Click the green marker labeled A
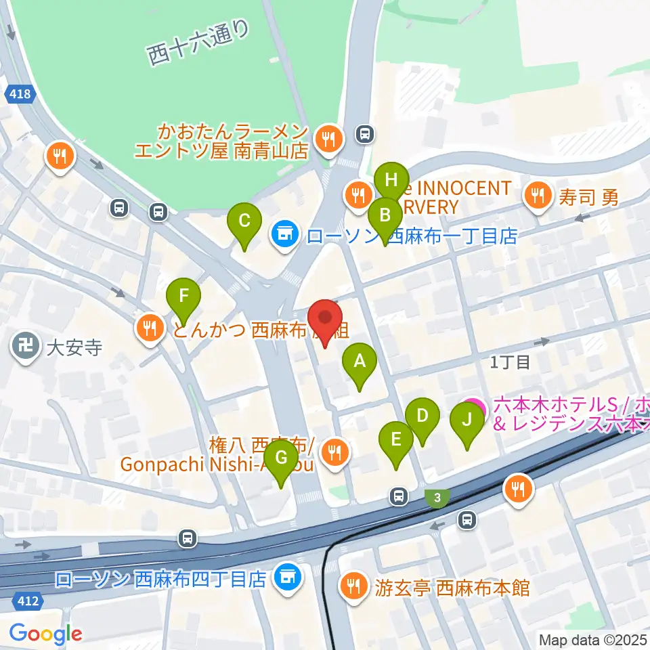point(360,362)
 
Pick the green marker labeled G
point(281,458)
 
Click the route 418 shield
point(20,95)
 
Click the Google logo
point(46,633)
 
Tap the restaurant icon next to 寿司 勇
point(538,196)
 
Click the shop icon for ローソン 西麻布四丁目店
point(287,578)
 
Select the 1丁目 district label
point(511,363)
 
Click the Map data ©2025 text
point(591,639)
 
